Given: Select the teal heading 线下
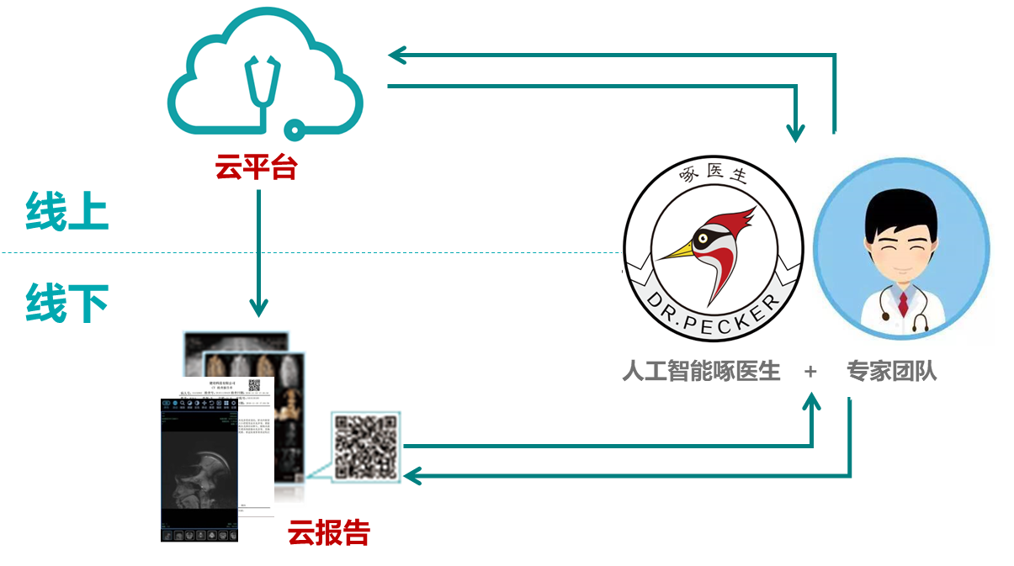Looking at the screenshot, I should point(67,304).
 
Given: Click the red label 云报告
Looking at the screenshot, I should point(329,532).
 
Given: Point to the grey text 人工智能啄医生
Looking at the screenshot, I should point(701,371).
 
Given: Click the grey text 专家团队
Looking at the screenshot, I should point(891,371).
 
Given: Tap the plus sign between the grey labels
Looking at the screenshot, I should point(810,371).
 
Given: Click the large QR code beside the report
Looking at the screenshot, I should point(365,446).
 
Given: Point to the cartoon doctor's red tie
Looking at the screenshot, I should point(903,301).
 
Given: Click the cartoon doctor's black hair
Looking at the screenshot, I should point(900,206).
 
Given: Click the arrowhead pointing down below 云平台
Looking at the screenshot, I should point(259,308).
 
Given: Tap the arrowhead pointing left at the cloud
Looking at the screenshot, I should point(396,56).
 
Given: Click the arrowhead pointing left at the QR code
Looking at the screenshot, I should point(411,476).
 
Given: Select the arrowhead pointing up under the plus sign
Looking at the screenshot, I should point(812,403).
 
